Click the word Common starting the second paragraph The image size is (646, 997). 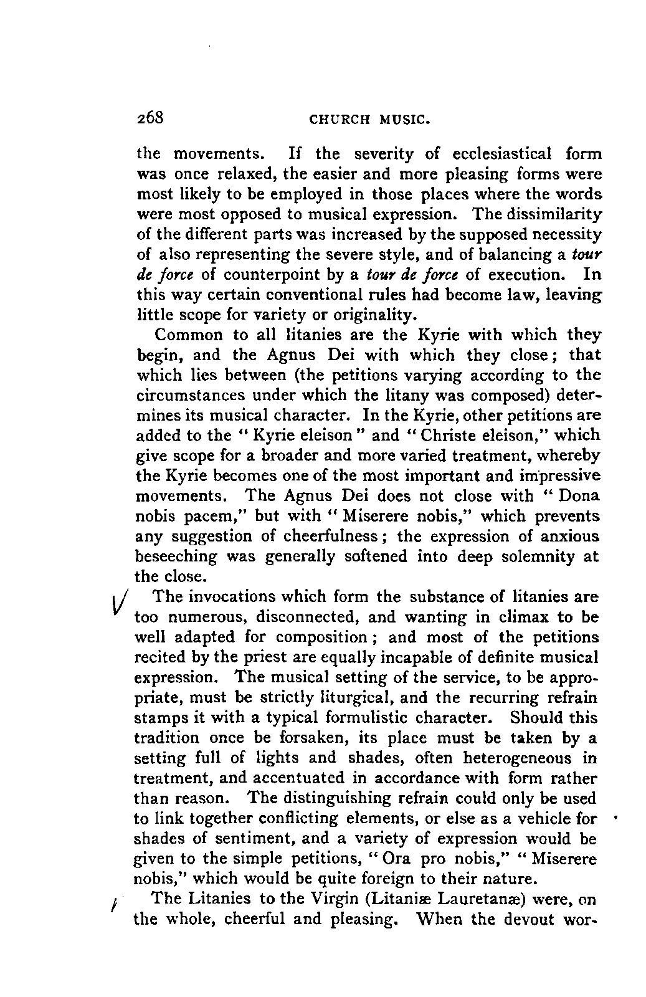coord(188,335)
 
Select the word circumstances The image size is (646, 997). coord(187,395)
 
